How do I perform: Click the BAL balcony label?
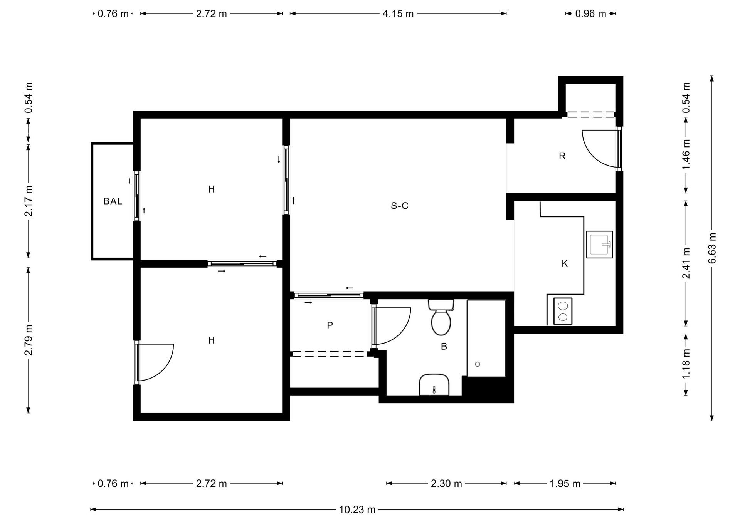[113, 201]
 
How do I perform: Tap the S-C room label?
[399, 206]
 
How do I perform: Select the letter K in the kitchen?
[565, 263]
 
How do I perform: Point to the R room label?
[562, 156]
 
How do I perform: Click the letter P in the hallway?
[330, 325]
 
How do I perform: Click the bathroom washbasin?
[434, 384]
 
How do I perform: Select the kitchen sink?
[599, 245]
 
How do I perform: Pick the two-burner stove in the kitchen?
[563, 311]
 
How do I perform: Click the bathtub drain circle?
[478, 364]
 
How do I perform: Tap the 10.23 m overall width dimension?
[357, 510]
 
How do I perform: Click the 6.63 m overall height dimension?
[712, 248]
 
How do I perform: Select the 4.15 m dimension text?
[398, 14]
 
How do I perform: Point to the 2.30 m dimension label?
[446, 483]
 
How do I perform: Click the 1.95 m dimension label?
[565, 483]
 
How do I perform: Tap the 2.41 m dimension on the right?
[686, 263]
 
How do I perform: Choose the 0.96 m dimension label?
[590, 14]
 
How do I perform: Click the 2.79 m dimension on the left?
[28, 340]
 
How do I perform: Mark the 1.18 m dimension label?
[686, 364]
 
